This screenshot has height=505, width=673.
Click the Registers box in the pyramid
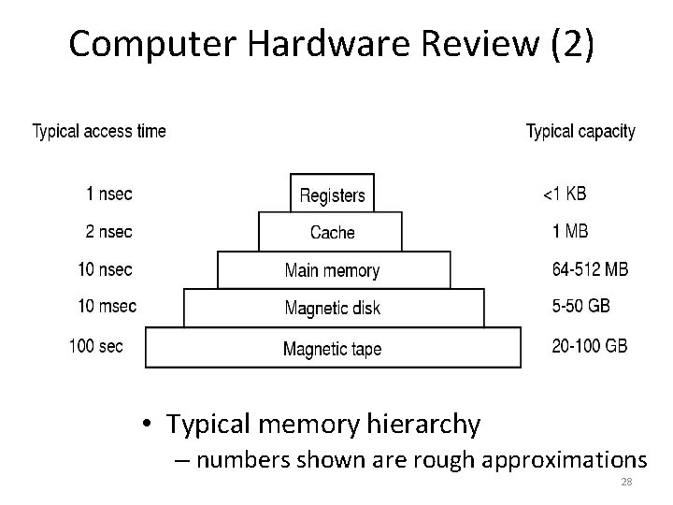pos(332,195)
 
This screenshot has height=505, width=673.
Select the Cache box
pos(332,232)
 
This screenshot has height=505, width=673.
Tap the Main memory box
pos(333,270)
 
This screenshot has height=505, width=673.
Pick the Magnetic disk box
pos(333,309)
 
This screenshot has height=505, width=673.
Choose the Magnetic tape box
pos(333,348)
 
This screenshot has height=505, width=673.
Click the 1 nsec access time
pos(109,195)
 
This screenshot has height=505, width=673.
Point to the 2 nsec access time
pos(109,232)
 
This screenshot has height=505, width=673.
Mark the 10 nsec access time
pos(106,269)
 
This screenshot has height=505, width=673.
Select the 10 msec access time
pos(107,306)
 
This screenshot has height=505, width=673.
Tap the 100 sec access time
pos(96,345)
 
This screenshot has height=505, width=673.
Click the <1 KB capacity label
pos(566,195)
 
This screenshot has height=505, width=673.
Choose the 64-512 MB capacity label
pos(590,269)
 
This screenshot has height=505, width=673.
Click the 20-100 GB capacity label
pos(589,345)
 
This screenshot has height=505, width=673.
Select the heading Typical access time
pos(99,131)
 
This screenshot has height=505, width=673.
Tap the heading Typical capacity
pos(580,131)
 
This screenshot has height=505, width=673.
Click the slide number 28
pos(625,483)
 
